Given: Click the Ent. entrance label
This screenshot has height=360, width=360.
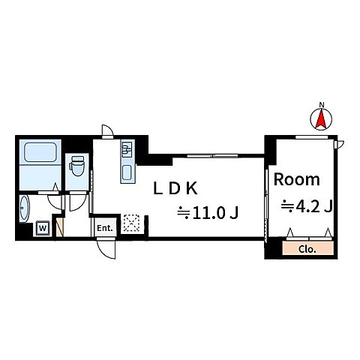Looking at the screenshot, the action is point(105,228).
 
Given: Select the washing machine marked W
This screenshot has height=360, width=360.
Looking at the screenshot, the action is point(43,228).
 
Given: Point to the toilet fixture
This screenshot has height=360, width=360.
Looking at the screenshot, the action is point(77,166).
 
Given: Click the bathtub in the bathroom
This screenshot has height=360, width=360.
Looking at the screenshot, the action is point(40,152).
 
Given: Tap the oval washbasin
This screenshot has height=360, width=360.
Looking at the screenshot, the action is point(24,208).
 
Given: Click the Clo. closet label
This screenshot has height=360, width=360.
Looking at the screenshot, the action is point(307,249).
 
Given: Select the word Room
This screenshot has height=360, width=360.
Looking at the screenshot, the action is point(297,179).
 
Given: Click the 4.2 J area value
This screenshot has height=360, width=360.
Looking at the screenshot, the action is point(307,207).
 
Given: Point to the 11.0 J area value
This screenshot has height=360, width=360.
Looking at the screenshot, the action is point(208,213).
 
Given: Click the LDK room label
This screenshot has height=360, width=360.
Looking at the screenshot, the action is point(175,189).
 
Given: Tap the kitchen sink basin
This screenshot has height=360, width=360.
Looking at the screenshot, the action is point(127,172).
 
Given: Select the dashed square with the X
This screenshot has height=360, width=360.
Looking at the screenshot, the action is point(131,223).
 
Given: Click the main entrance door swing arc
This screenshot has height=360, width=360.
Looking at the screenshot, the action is point(105,250).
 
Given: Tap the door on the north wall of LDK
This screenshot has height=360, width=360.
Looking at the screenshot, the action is point(108,131).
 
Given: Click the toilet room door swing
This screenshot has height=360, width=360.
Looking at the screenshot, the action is point(78,202).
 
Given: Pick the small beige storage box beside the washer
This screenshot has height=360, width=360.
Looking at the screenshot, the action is point(60,227).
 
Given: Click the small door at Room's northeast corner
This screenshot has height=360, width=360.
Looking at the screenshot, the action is point(339,145).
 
